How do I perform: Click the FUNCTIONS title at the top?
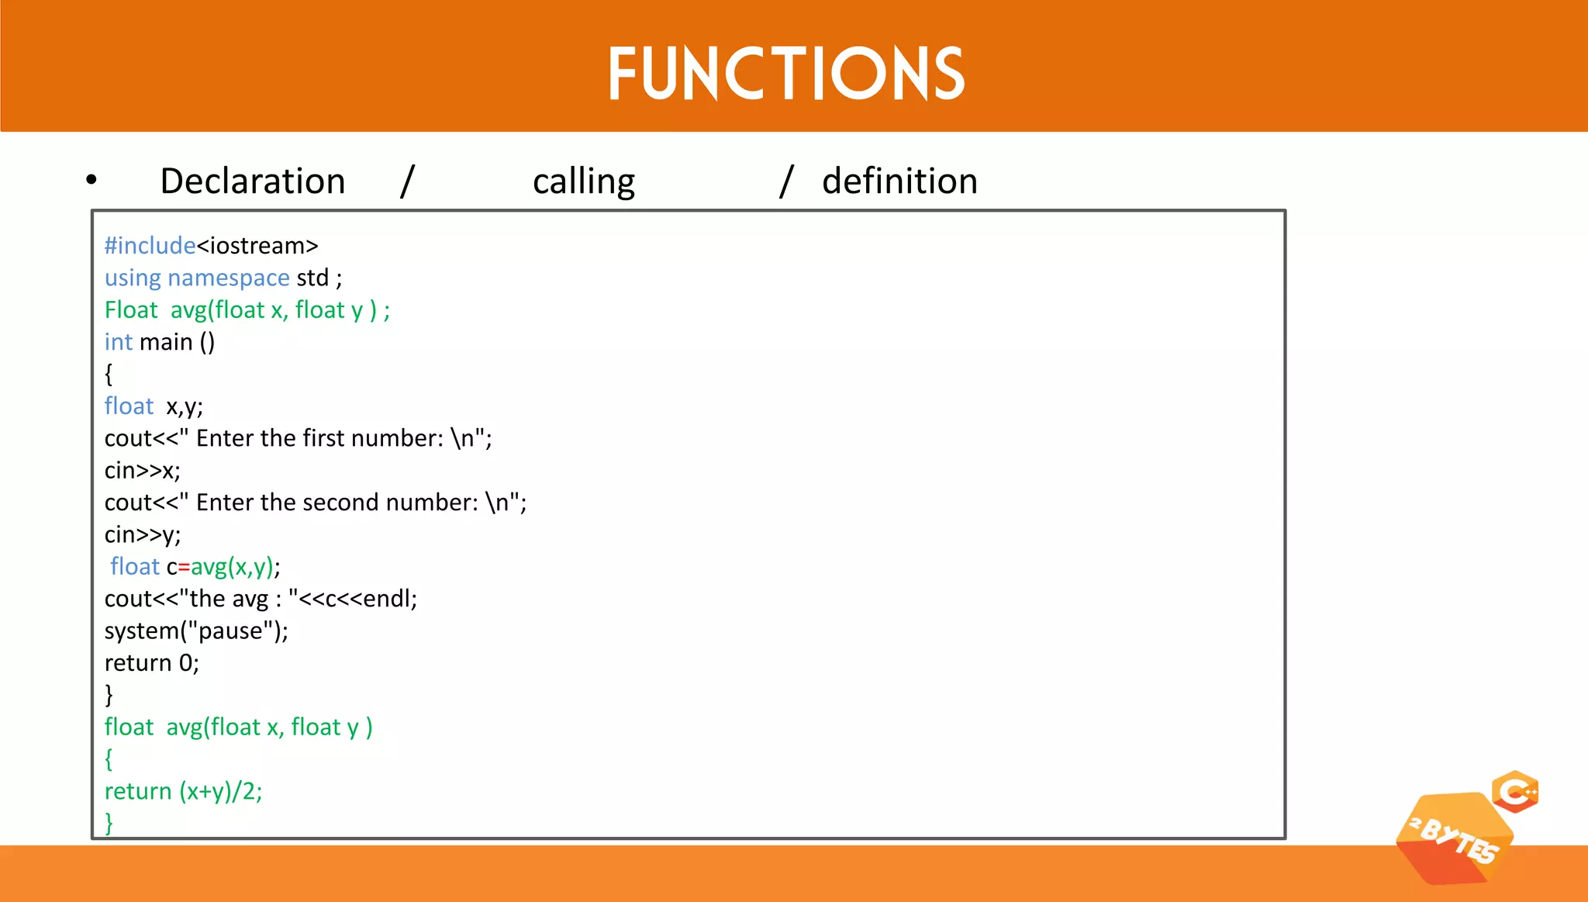(785, 74)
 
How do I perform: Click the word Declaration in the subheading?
(252, 181)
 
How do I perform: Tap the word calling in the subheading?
(583, 181)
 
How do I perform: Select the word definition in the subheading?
(899, 181)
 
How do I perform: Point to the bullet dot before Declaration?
(91, 180)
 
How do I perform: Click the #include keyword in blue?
(150, 246)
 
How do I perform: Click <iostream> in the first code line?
(257, 246)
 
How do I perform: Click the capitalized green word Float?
(131, 310)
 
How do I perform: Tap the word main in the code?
(166, 342)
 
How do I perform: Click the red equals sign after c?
(184, 568)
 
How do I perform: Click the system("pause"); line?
(196, 631)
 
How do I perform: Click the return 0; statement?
(152, 663)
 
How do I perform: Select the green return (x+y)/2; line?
(183, 792)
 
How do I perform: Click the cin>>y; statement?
(143, 535)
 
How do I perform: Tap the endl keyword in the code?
(387, 599)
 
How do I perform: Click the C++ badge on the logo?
(1515, 792)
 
